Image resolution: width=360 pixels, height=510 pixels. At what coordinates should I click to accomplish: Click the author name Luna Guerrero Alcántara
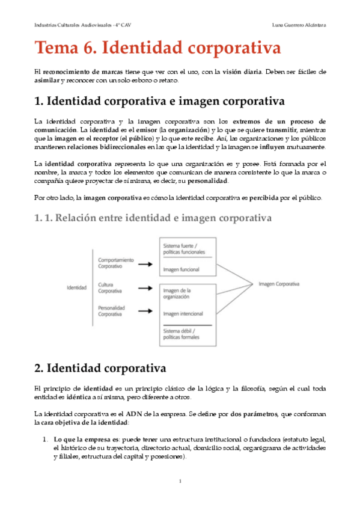(x=299, y=25)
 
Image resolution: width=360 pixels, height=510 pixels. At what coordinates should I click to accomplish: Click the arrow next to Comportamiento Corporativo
(x=145, y=262)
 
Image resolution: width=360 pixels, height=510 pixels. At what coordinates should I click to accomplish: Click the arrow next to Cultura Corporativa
(x=145, y=287)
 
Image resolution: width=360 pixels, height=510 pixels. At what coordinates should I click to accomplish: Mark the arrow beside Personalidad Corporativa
(x=145, y=311)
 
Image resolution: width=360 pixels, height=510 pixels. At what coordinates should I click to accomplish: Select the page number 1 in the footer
(x=180, y=481)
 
